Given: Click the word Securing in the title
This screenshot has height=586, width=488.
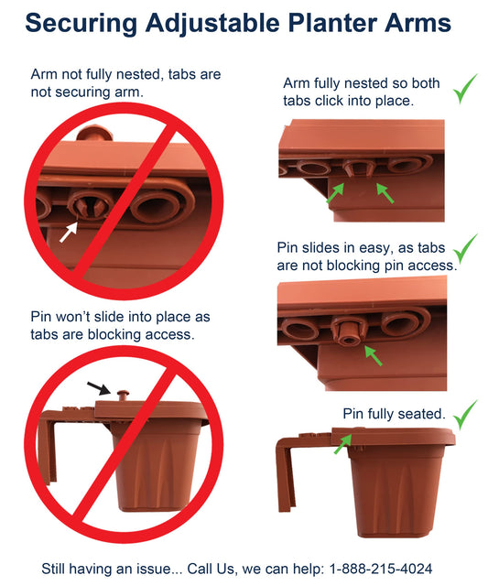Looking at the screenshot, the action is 81,24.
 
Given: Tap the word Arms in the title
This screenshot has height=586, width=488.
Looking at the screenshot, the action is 418,22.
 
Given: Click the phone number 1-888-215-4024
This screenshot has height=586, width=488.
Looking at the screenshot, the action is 380,569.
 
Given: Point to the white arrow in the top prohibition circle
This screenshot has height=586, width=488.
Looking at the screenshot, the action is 69,232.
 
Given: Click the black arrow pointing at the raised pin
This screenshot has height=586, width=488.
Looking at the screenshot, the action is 99,388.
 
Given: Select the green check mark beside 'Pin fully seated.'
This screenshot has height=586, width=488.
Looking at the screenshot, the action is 465,415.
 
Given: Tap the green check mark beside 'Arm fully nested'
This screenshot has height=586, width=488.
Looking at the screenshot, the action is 465,89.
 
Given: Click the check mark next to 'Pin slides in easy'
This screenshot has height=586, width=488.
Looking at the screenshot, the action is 465,248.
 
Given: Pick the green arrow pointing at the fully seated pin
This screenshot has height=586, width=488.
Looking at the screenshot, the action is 342,443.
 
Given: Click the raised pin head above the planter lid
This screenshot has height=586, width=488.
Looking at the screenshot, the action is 123,395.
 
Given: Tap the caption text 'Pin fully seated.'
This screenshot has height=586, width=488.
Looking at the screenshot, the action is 395,414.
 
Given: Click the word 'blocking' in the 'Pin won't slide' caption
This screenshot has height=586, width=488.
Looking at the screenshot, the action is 116,334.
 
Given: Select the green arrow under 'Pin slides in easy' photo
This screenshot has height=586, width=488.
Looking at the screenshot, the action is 374,355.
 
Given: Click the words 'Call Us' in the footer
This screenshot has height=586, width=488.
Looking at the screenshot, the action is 211,569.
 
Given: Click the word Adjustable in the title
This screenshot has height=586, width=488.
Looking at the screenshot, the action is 213,24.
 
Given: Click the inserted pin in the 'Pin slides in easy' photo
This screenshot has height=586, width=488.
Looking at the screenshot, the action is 349,331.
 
